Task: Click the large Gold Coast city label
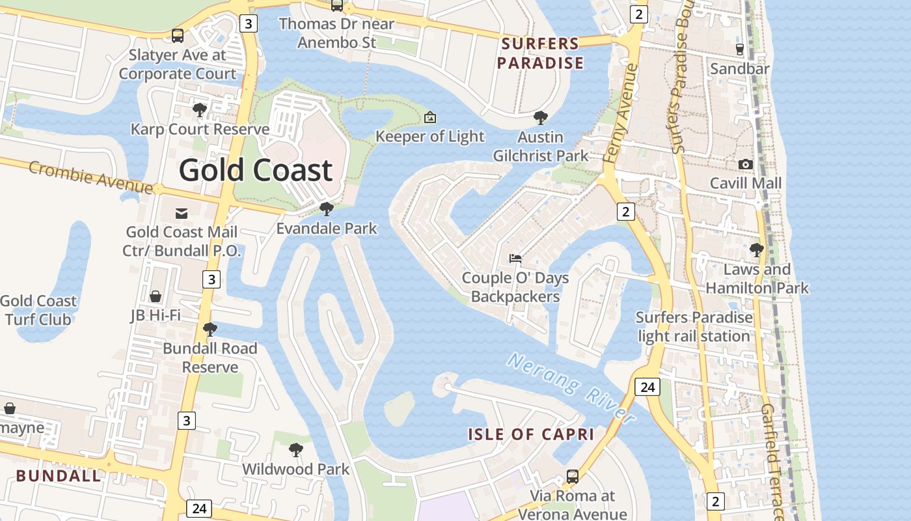click(x=255, y=170)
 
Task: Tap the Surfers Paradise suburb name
click(x=540, y=53)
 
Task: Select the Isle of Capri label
click(x=531, y=434)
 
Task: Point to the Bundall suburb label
click(x=59, y=475)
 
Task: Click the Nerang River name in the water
click(x=571, y=388)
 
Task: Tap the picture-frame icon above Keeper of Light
click(x=429, y=118)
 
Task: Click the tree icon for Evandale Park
click(x=327, y=209)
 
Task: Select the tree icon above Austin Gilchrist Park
click(x=540, y=118)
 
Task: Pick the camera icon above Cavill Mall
click(x=746, y=164)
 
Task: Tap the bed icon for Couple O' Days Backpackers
click(x=515, y=259)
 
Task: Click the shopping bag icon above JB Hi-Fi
click(x=156, y=297)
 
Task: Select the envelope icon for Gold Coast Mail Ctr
click(x=182, y=213)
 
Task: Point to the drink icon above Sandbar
click(x=740, y=49)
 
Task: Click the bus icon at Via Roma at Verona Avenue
click(x=572, y=477)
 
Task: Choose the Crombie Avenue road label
click(x=90, y=176)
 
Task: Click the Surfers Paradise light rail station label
click(x=694, y=327)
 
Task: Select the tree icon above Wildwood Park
click(x=295, y=450)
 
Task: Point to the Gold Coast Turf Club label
click(x=38, y=310)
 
